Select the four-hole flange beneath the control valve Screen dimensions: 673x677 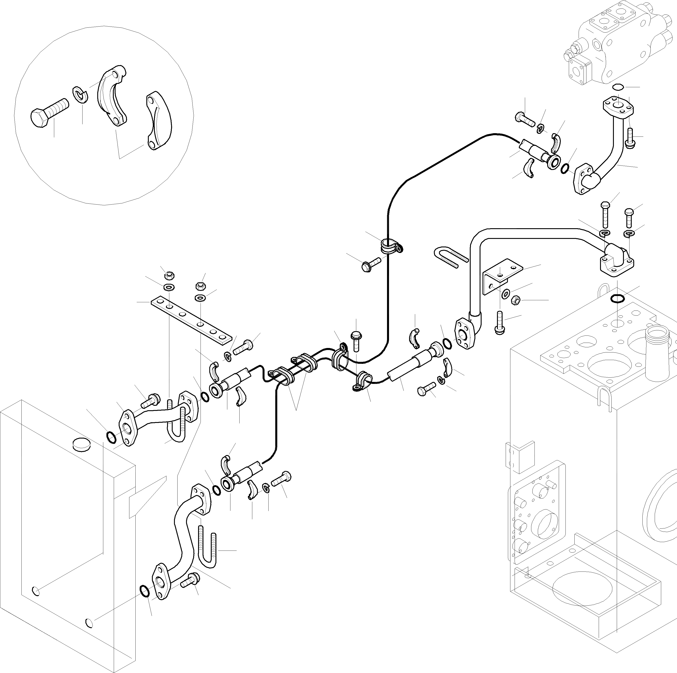coord(618,107)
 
